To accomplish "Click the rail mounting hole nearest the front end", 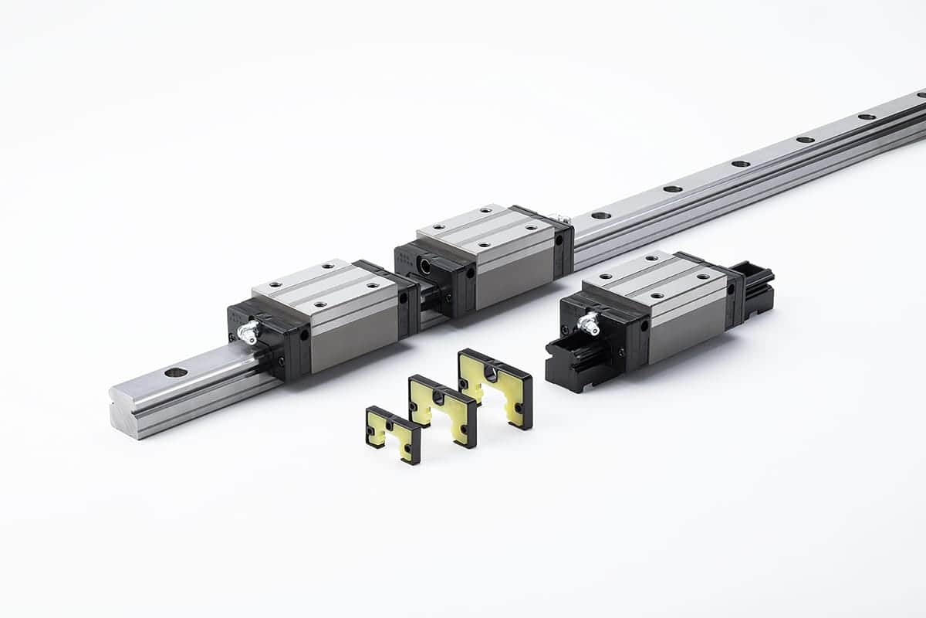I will click(x=176, y=372).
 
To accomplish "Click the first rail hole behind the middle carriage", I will click(x=600, y=216).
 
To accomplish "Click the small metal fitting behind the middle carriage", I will click(x=565, y=220).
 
